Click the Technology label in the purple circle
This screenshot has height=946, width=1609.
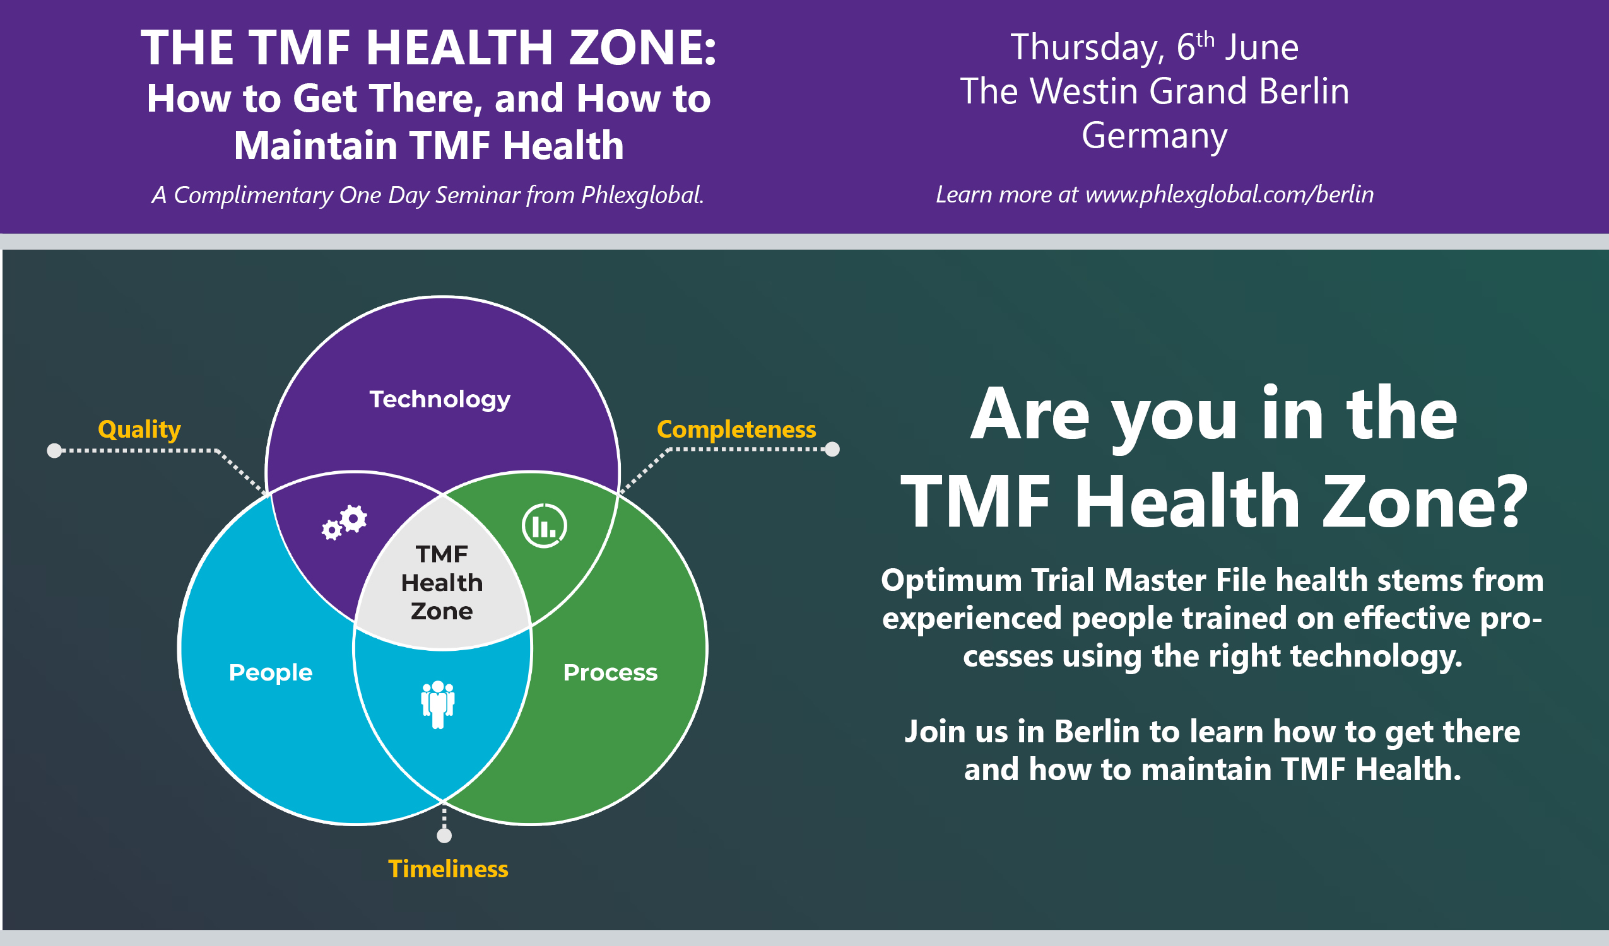click(440, 400)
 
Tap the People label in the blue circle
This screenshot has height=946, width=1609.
click(271, 672)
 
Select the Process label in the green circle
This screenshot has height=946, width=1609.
click(610, 672)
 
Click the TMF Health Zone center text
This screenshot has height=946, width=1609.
click(442, 582)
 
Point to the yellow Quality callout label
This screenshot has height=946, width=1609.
click(139, 429)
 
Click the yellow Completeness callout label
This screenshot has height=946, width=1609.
click(736, 429)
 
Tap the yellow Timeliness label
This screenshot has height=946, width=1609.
click(448, 869)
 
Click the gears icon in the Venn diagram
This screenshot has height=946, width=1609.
click(345, 522)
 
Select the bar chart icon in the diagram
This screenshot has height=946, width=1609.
click(544, 526)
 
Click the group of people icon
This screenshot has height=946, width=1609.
click(438, 703)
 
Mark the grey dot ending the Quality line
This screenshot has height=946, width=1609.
click(55, 451)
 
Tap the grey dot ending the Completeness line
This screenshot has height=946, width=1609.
click(832, 450)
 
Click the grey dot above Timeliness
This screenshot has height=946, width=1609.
click(444, 835)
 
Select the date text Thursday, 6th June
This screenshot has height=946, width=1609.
click(1155, 48)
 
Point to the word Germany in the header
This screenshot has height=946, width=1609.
click(1155, 136)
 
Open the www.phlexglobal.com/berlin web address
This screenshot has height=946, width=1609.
click(1229, 194)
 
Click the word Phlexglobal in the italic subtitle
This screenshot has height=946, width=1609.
click(642, 195)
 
